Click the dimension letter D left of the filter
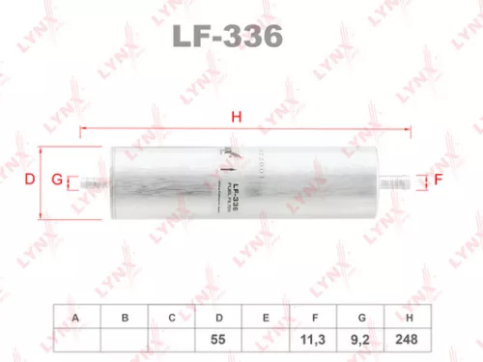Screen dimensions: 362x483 (29, 180)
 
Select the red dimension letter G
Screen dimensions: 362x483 (57, 180)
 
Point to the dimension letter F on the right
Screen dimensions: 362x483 (438, 180)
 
